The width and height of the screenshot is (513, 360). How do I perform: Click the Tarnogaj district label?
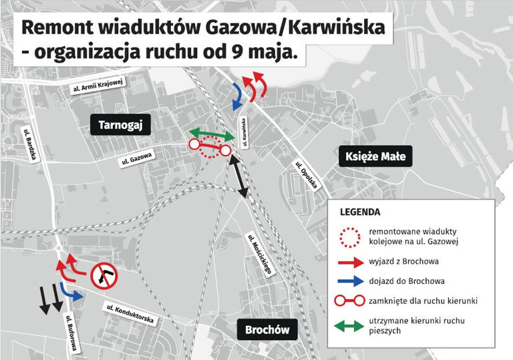click(x=121, y=125)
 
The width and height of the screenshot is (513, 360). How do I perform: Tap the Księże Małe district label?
click(x=375, y=157)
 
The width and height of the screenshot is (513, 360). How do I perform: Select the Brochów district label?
click(x=267, y=329)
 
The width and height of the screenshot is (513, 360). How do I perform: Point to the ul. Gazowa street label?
click(x=138, y=158)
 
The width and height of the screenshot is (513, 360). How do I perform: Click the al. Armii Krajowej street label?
click(x=100, y=84)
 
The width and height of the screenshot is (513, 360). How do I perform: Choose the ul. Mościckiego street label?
click(x=260, y=254)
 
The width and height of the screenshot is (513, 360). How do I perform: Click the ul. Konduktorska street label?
click(x=133, y=314)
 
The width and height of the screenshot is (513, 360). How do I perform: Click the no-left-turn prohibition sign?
click(x=104, y=275)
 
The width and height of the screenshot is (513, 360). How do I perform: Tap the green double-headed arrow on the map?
click(x=211, y=135)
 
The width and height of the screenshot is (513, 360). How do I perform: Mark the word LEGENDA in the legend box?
click(x=360, y=212)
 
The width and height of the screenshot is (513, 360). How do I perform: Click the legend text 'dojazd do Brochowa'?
click(x=406, y=281)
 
